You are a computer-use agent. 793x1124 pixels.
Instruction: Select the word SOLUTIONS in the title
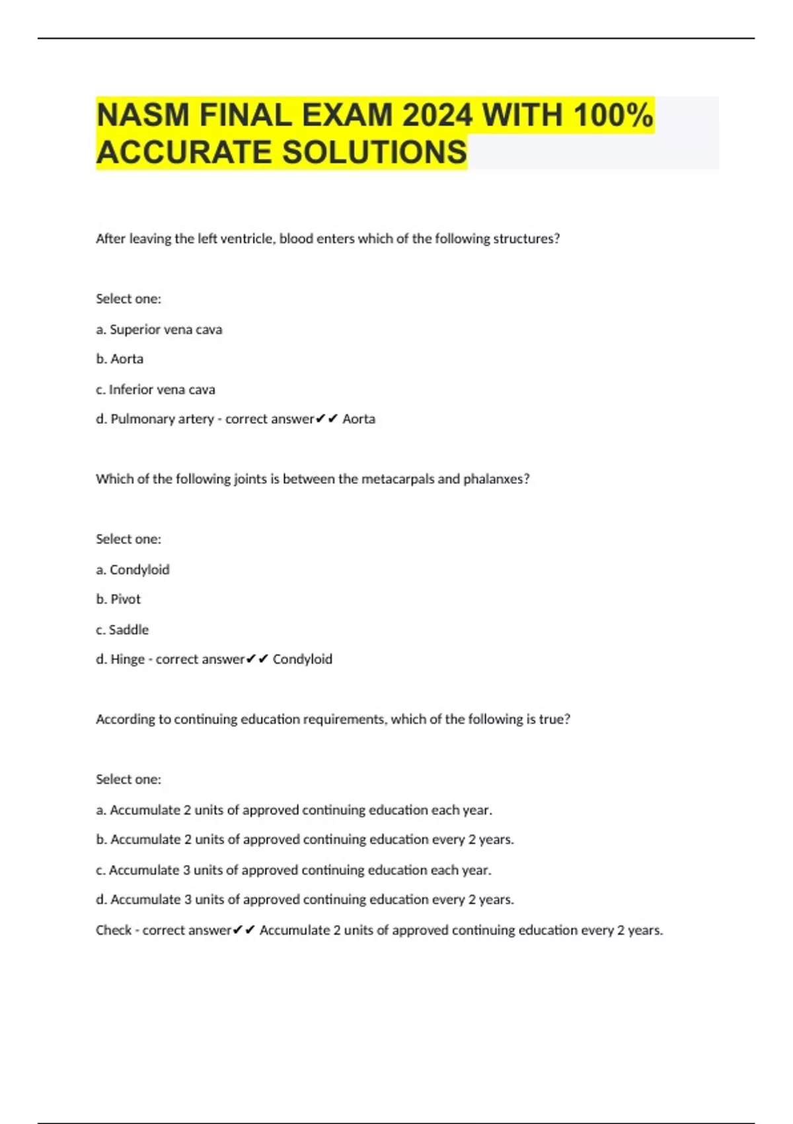pyautogui.click(x=375, y=153)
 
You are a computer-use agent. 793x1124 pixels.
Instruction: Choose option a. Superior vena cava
pyautogui.click(x=159, y=329)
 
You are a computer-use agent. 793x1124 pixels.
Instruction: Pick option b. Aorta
pyautogui.click(x=120, y=359)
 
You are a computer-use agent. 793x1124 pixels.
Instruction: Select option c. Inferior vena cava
pyautogui.click(x=156, y=389)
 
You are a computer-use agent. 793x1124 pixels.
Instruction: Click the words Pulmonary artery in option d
pyautogui.click(x=162, y=419)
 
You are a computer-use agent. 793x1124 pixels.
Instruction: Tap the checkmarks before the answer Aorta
pyautogui.click(x=327, y=419)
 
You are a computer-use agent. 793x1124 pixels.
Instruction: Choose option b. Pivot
pyautogui.click(x=118, y=599)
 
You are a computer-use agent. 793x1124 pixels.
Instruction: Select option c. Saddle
pyautogui.click(x=122, y=629)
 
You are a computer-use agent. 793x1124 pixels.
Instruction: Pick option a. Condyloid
pyautogui.click(x=133, y=569)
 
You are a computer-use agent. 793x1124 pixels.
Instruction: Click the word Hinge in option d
pyautogui.click(x=128, y=659)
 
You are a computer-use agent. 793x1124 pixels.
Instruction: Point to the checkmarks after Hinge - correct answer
pyautogui.click(x=257, y=659)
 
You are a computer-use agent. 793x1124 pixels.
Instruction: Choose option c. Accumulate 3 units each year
pyautogui.click(x=293, y=870)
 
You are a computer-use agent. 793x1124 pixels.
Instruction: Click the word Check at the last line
pyautogui.click(x=114, y=930)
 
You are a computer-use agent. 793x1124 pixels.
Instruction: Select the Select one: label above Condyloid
pyautogui.click(x=128, y=539)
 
